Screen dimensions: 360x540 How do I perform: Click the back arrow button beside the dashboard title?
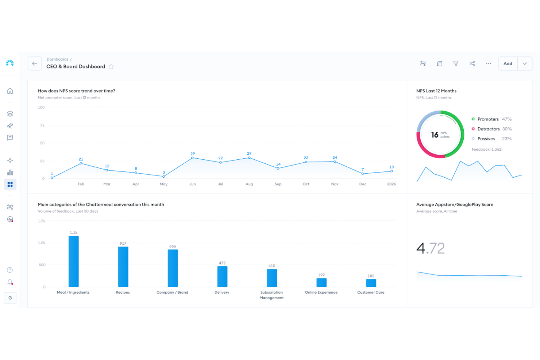tap(35, 63)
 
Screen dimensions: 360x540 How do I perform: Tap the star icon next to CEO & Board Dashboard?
tap(111, 67)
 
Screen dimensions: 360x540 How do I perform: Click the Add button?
tap(508, 63)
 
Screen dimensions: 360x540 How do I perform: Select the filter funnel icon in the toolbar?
tap(456, 63)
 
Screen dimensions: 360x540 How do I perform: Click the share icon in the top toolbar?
tap(472, 63)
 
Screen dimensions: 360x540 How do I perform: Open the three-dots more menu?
tap(489, 63)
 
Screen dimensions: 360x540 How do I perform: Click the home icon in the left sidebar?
tap(10, 91)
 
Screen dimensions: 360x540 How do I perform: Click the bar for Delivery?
tap(222, 276)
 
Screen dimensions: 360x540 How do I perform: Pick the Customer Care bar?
tap(371, 283)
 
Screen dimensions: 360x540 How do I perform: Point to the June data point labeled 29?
tap(193, 158)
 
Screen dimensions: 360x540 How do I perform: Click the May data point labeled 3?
tap(163, 177)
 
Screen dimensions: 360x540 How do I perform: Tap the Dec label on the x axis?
tap(362, 184)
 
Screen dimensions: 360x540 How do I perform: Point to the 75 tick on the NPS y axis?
tap(42, 125)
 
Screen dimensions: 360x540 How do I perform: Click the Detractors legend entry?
tap(488, 129)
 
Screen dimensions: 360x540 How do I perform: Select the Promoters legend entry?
tap(488, 119)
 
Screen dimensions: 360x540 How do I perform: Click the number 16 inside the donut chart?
tap(435, 135)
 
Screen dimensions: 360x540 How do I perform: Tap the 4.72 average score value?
tap(431, 248)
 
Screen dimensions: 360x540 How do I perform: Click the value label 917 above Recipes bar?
tap(123, 243)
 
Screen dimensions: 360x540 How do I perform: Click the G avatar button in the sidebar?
tap(10, 298)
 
